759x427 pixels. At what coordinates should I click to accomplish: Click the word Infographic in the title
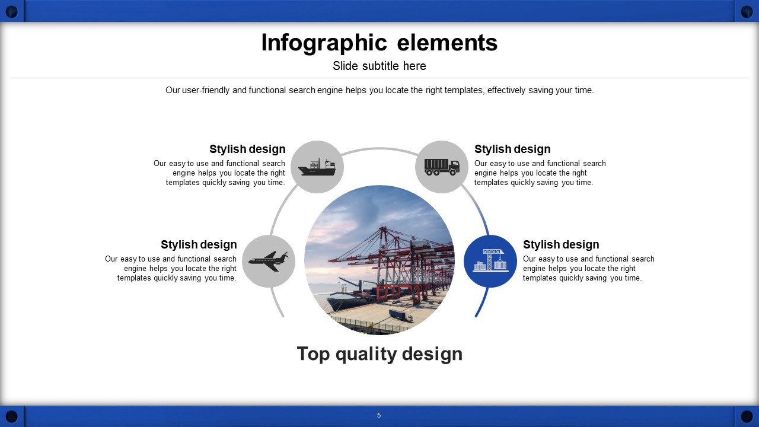coord(324,43)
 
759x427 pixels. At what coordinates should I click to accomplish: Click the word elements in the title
coord(447,43)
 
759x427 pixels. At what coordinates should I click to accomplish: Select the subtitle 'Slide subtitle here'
coord(379,66)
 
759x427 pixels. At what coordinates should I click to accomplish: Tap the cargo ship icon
coord(317,167)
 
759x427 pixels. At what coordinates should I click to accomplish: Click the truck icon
coord(442,167)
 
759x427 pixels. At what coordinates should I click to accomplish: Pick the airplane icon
coord(269,262)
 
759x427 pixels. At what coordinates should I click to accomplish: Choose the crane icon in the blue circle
coord(490,260)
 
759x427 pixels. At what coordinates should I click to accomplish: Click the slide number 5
coord(379,415)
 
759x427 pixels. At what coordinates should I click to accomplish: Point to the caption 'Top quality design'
coord(379,354)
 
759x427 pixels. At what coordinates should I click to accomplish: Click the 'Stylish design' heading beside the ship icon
coord(247,149)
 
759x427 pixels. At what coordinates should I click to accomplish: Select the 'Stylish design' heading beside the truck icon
coord(512,149)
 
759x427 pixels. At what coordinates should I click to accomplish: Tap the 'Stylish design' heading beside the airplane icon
coord(199,244)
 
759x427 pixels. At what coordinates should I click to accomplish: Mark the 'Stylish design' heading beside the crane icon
coord(561,244)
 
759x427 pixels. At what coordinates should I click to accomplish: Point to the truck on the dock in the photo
coord(400,315)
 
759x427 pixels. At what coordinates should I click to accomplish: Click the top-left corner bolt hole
coord(12,12)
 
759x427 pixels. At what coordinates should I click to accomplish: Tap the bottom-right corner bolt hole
coord(747,416)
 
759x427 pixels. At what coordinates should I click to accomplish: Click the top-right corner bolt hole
coord(747,12)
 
